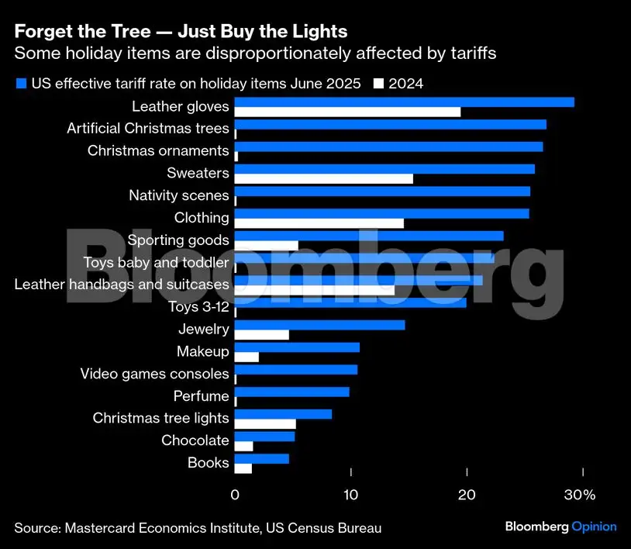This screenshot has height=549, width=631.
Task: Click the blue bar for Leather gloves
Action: (x=404, y=102)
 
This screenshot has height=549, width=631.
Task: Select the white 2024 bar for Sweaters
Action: (x=323, y=179)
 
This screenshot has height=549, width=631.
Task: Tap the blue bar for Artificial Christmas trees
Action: (x=390, y=124)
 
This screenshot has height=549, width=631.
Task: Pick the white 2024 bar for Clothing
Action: (x=319, y=223)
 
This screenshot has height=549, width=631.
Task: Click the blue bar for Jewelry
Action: (x=319, y=325)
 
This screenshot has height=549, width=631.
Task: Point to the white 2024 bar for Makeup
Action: (x=247, y=357)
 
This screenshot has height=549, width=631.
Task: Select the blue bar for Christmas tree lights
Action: (x=283, y=414)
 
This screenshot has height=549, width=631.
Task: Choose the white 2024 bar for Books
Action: (x=243, y=468)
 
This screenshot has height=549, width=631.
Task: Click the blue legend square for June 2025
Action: (x=20, y=84)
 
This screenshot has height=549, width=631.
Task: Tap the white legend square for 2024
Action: (x=379, y=84)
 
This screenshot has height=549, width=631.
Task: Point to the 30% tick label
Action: (x=580, y=495)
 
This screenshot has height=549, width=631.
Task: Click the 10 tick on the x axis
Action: (x=351, y=495)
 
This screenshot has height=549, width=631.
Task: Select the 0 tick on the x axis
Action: (x=235, y=495)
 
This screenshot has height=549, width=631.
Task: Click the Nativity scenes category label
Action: (x=179, y=195)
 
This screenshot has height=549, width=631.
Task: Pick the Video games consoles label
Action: (x=155, y=374)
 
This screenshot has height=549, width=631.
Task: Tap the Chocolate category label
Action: (x=195, y=440)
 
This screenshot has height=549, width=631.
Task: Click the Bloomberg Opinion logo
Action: (x=560, y=527)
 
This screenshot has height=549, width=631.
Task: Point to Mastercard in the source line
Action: (x=96, y=528)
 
